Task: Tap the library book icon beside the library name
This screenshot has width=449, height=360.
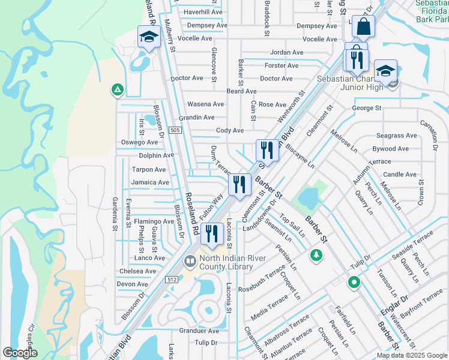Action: (x=190, y=262)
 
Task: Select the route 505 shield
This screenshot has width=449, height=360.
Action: (x=175, y=130)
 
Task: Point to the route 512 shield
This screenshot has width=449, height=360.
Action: (x=172, y=278)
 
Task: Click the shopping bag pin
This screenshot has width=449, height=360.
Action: (x=363, y=28)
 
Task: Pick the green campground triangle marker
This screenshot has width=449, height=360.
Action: (x=118, y=90)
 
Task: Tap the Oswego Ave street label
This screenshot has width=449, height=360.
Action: (x=139, y=142)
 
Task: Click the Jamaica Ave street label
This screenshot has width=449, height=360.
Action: (x=150, y=182)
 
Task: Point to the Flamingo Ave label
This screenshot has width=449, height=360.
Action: (x=153, y=221)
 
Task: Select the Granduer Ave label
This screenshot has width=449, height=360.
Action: (x=199, y=331)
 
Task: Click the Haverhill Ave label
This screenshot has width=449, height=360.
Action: (x=203, y=12)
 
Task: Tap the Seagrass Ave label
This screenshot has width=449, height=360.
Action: (x=395, y=136)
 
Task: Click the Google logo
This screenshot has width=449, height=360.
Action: (x=20, y=353)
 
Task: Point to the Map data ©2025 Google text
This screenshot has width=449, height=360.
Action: (x=411, y=355)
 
